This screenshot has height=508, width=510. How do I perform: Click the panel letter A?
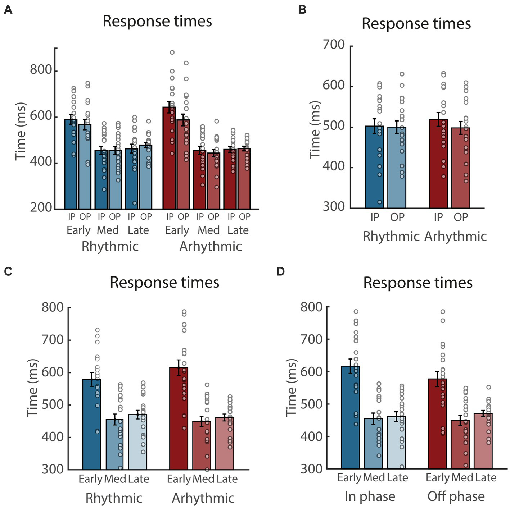pyautogui.click(x=8, y=10)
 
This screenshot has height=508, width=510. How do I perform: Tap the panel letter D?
pyautogui.click(x=281, y=271)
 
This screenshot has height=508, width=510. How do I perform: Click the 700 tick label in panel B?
pyautogui.click(x=334, y=45)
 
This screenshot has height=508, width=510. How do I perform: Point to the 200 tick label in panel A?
pyautogui.click(x=41, y=207)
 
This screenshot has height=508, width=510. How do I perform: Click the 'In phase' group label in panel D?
pyautogui.click(x=370, y=496)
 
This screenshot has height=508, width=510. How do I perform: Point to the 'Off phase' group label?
pyautogui.click(x=456, y=496)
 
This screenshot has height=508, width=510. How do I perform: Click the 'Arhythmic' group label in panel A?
pyautogui.click(x=211, y=247)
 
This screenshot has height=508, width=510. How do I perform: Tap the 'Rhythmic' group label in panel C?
pyautogui.click(x=114, y=498)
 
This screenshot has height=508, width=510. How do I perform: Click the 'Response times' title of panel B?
pyautogui.click(x=416, y=24)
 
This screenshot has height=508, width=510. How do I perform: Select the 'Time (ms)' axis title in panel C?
pyautogui.click(x=33, y=388)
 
